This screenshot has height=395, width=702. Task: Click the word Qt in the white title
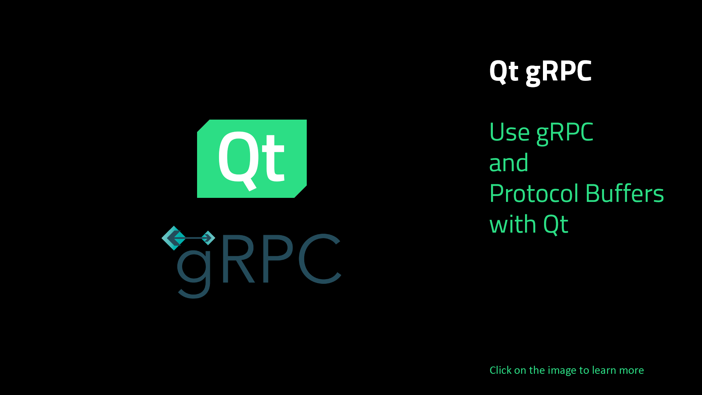(x=504, y=72)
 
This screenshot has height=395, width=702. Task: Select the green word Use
(x=509, y=132)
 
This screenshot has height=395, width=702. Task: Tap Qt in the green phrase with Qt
(x=556, y=225)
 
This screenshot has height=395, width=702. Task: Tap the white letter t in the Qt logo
(x=271, y=158)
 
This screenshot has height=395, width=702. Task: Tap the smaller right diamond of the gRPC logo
(x=208, y=238)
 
